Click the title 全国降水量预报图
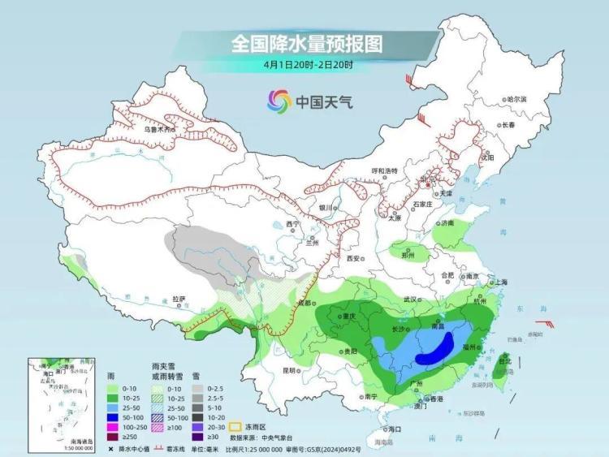[306, 42]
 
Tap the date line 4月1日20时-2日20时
[307, 64]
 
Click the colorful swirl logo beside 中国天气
[279, 102]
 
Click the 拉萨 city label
[179, 299]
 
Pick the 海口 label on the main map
[395, 428]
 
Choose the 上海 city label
[499, 282]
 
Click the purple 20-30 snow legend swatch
[197, 425]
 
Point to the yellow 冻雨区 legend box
[235, 425]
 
